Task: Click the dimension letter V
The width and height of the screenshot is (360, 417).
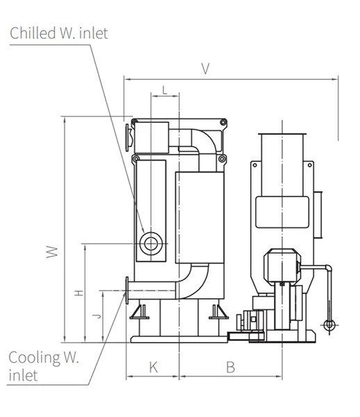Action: (x=205, y=68)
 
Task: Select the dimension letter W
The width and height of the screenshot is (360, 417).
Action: (x=52, y=252)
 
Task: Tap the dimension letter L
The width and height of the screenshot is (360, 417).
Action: (x=165, y=90)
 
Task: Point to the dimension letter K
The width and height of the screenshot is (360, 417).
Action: (x=154, y=367)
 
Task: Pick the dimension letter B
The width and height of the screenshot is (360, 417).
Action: (x=231, y=367)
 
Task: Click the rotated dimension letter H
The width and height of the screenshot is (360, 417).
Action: (x=79, y=293)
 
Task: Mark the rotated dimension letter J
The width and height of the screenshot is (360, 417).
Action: (x=97, y=316)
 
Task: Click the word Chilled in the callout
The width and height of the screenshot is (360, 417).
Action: (x=33, y=33)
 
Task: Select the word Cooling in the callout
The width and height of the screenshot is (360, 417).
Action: (x=34, y=357)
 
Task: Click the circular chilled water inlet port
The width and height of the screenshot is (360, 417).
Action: (x=151, y=243)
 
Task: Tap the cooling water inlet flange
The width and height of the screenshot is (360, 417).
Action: (x=127, y=291)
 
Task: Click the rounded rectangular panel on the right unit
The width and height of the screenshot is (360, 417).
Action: (x=282, y=212)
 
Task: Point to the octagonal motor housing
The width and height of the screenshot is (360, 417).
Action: (x=282, y=267)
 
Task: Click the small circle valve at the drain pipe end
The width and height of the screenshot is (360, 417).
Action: (x=329, y=325)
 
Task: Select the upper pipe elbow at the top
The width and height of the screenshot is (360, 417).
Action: (x=205, y=141)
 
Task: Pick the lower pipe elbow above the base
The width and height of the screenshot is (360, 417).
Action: (x=194, y=282)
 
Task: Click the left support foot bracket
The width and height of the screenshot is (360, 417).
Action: (x=139, y=311)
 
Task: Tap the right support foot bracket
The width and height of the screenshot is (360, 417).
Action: (x=218, y=311)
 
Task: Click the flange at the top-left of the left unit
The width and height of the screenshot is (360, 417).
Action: (x=128, y=138)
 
